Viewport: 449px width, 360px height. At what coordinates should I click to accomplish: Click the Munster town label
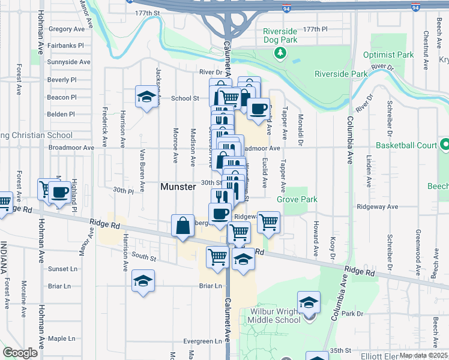click(x=178, y=187)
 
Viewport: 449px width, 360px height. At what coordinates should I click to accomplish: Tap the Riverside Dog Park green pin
click(x=280, y=53)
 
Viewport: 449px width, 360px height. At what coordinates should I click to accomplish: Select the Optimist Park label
click(x=389, y=55)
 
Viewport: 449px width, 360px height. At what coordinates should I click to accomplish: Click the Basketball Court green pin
click(x=444, y=145)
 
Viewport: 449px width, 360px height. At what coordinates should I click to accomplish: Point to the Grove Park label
click(x=297, y=199)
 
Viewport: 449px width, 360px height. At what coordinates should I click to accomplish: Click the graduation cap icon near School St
click(x=146, y=97)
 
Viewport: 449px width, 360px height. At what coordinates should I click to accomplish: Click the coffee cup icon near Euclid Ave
click(x=258, y=109)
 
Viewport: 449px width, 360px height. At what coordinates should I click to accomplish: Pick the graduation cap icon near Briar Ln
click(x=143, y=281)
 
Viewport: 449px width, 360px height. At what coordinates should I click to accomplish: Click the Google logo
click(x=20, y=353)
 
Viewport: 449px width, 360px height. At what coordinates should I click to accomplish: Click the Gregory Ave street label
click(x=67, y=29)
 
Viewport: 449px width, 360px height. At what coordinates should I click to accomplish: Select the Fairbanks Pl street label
click(x=66, y=45)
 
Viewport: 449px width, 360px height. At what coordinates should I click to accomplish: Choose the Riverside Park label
click(x=341, y=74)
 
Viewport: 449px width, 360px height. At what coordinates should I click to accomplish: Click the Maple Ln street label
click(x=61, y=338)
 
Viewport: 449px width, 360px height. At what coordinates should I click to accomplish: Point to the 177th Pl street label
click(x=316, y=29)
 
